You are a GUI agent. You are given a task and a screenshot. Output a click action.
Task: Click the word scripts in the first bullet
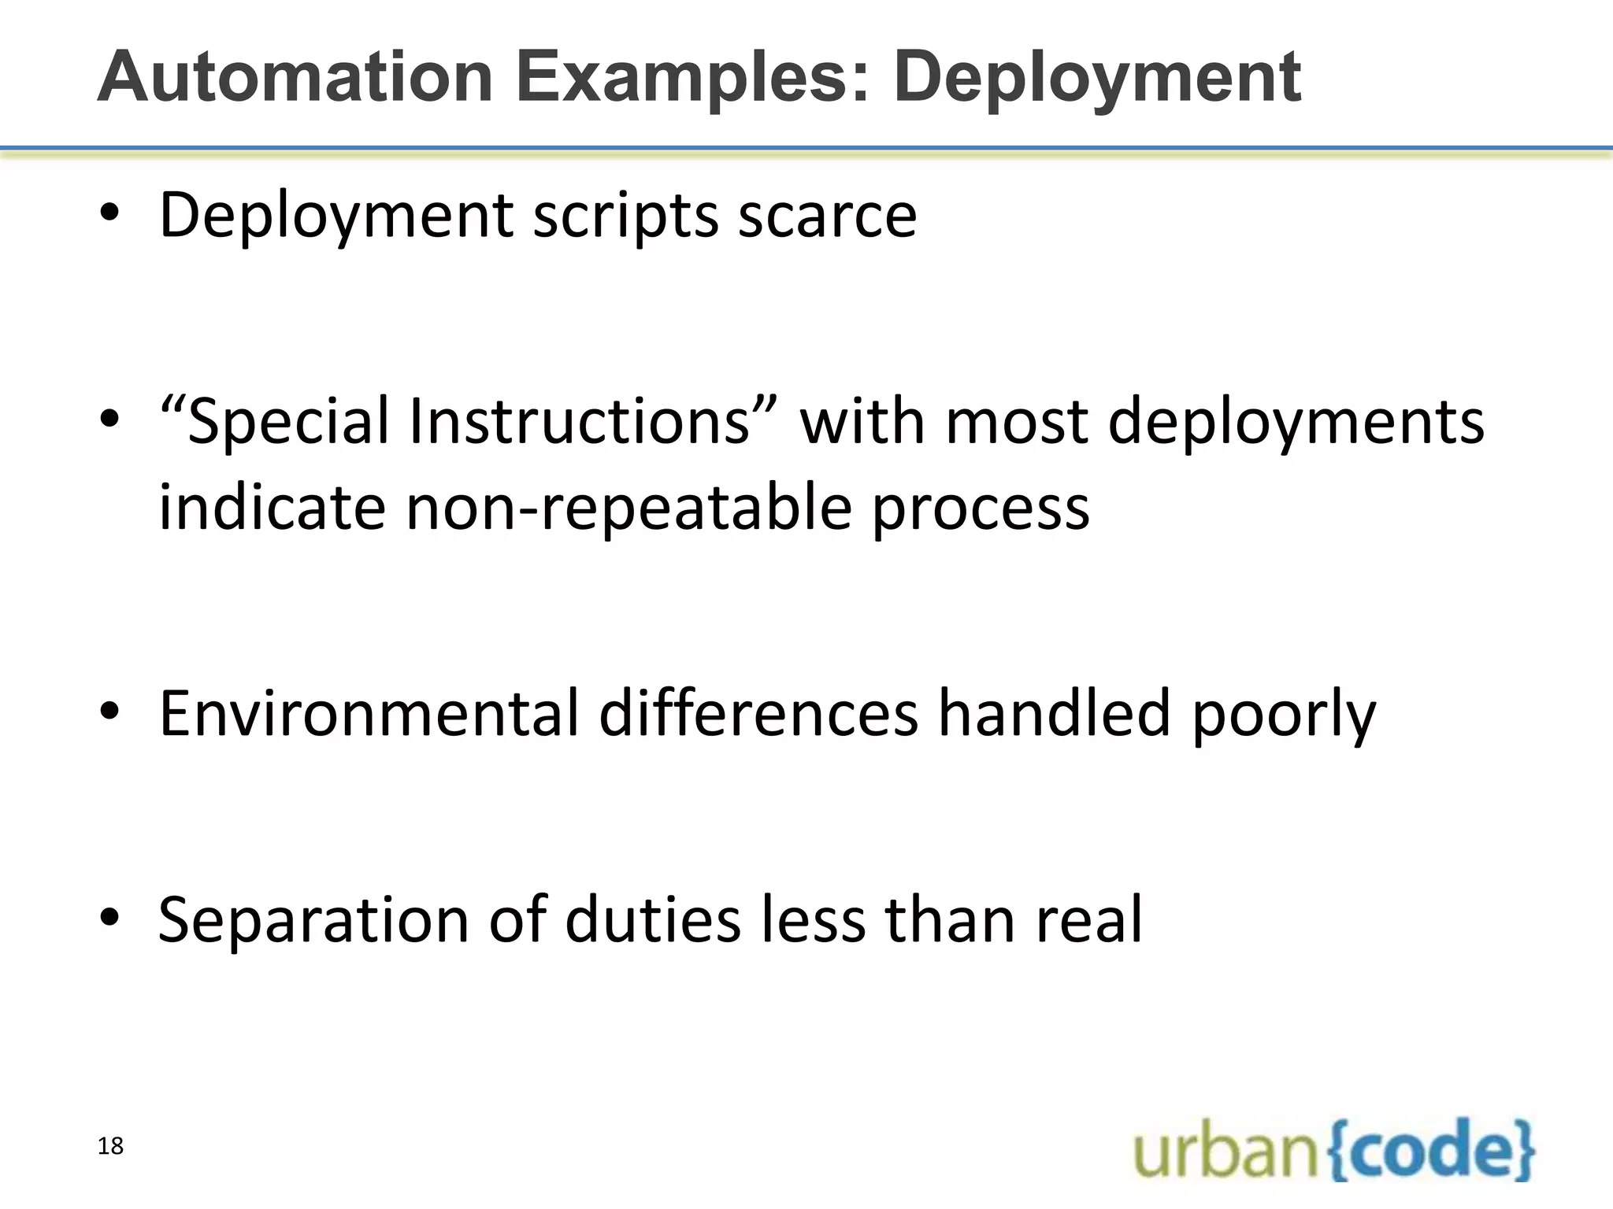(x=625, y=216)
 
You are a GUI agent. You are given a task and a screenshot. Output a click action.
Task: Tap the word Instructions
(x=580, y=421)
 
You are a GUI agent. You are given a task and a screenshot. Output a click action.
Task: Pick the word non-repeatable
(x=629, y=508)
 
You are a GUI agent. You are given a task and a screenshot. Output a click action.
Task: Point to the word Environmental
(x=369, y=713)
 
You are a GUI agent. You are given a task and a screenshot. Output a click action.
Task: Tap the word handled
(x=1054, y=713)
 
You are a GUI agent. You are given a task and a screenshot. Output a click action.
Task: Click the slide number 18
(x=111, y=1146)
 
